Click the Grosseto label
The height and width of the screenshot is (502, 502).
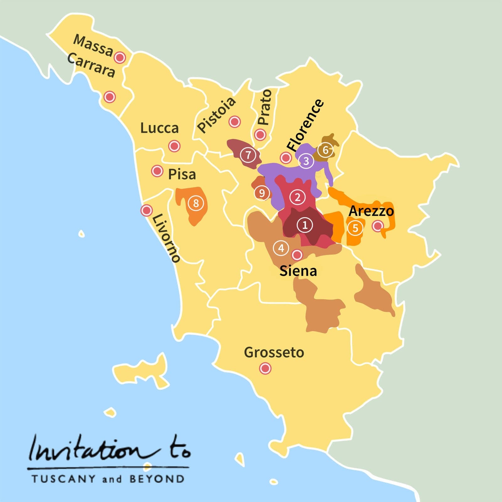coord(274,352)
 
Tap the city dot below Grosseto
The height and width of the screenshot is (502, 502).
coord(265,368)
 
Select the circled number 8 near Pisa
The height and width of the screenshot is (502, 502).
coord(196,203)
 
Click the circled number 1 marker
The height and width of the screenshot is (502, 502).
coord(305,225)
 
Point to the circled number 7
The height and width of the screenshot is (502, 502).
coord(248,155)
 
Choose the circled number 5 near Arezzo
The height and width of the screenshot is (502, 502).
coord(355,228)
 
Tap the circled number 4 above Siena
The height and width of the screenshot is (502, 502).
coord(281,248)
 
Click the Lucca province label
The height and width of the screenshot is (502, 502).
coord(159,128)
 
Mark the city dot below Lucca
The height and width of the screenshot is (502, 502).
coord(174,146)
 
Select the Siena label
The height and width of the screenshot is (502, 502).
coord(298,271)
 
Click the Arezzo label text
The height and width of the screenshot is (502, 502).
coord(371,211)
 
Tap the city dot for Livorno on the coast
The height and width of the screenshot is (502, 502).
coord(146,210)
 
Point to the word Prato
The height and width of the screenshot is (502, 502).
coord(264,107)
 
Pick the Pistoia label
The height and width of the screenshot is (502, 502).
coord(216,115)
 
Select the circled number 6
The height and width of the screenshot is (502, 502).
coord(325,150)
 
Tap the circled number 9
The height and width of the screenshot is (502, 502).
coord(262,193)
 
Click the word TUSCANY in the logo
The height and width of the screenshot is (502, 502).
coord(63,479)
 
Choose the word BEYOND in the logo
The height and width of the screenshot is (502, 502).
coord(157,479)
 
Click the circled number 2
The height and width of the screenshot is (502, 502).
coord(297,197)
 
